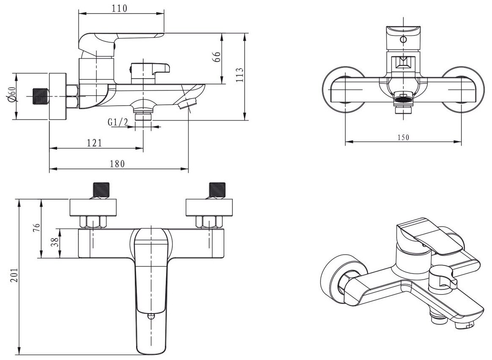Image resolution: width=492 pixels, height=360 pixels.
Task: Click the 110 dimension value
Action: [120, 8]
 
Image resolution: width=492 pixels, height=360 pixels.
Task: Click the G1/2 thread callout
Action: [118, 122]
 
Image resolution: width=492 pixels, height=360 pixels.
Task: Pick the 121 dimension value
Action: [94, 143]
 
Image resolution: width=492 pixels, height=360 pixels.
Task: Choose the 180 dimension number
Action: [118, 164]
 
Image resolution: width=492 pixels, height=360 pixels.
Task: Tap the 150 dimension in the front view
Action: [403, 137]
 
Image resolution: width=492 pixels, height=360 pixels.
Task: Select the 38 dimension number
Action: [56, 243]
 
